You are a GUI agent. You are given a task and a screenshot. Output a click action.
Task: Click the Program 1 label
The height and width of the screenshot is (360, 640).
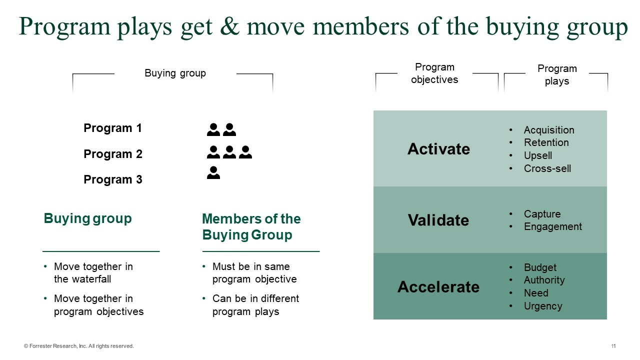click(x=112, y=128)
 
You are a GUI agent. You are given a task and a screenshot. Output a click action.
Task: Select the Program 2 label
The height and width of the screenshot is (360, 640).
click(x=112, y=154)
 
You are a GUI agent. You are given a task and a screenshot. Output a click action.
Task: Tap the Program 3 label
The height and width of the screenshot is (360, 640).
click(x=112, y=179)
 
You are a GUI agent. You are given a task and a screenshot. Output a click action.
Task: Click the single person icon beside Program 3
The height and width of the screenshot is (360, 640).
click(x=213, y=173)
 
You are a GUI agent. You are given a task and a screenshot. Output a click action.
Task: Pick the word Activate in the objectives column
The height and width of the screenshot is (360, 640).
click(x=438, y=149)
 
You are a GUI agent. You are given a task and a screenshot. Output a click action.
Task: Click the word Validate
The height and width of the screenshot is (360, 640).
click(x=438, y=220)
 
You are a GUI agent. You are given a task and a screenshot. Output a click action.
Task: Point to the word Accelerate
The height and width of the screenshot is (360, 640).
click(x=438, y=287)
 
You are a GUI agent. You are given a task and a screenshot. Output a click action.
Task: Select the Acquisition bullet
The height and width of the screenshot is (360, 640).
click(x=548, y=130)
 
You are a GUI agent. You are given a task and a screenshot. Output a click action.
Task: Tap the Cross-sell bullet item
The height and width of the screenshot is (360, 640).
click(x=547, y=168)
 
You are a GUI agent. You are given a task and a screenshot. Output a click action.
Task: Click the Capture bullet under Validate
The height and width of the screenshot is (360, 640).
click(x=542, y=214)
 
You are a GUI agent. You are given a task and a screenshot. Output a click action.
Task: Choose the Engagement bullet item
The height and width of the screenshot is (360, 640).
click(x=552, y=226)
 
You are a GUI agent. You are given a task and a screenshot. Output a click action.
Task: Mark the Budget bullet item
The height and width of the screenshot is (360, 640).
click(x=540, y=267)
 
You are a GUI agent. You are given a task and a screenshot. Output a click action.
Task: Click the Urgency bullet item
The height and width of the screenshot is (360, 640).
click(x=542, y=306)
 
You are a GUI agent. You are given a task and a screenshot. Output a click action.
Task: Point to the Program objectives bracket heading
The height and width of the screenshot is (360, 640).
click(x=434, y=73)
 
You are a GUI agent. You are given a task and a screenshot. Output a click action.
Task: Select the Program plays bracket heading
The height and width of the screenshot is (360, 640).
click(x=557, y=75)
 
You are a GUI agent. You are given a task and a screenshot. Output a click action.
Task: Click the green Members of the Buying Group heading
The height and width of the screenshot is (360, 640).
click(x=251, y=227)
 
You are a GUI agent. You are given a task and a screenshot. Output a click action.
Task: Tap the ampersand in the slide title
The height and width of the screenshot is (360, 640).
click(x=228, y=26)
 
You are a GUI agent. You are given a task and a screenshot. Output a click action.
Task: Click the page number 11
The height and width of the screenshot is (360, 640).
click(x=613, y=346)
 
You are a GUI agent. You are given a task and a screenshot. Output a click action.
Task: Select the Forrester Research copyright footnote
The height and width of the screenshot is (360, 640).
click(x=79, y=346)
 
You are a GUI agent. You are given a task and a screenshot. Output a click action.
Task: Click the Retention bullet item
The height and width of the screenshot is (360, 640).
click(x=546, y=142)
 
